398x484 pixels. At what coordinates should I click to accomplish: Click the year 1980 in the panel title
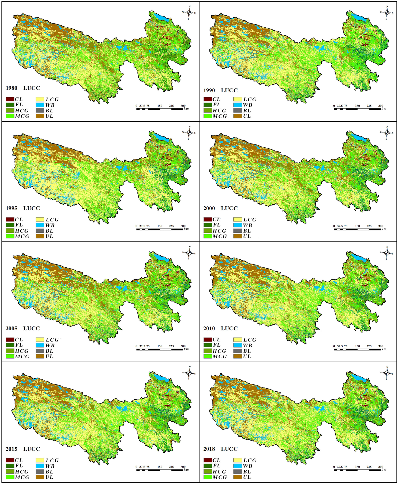click(x=12, y=88)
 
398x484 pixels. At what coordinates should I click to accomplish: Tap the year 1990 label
click(x=209, y=90)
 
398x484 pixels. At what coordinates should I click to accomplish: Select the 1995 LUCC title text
click(x=23, y=208)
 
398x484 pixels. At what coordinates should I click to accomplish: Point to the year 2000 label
click(x=209, y=208)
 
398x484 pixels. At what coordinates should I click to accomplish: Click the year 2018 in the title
click(x=209, y=449)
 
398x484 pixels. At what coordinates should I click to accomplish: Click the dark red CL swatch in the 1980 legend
click(x=10, y=99)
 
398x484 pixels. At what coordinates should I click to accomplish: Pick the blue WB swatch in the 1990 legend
click(x=237, y=105)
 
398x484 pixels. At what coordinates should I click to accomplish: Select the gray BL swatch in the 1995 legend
click(x=40, y=231)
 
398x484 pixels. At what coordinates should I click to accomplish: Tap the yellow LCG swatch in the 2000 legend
click(x=237, y=219)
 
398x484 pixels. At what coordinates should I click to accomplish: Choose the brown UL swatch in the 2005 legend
click(x=40, y=356)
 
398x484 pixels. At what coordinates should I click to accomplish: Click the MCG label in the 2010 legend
click(x=220, y=356)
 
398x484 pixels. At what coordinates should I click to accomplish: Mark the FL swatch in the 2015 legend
click(x=10, y=466)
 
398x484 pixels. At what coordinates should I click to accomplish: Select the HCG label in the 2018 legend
click(x=219, y=471)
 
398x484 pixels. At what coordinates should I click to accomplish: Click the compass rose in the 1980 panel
click(x=189, y=12)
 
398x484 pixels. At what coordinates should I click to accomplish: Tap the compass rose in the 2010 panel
click(x=387, y=253)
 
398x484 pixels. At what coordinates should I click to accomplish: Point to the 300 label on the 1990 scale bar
click(x=380, y=106)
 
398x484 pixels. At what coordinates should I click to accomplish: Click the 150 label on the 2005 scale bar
click(x=160, y=346)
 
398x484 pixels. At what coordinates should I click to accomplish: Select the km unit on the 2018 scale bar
click(x=384, y=470)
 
